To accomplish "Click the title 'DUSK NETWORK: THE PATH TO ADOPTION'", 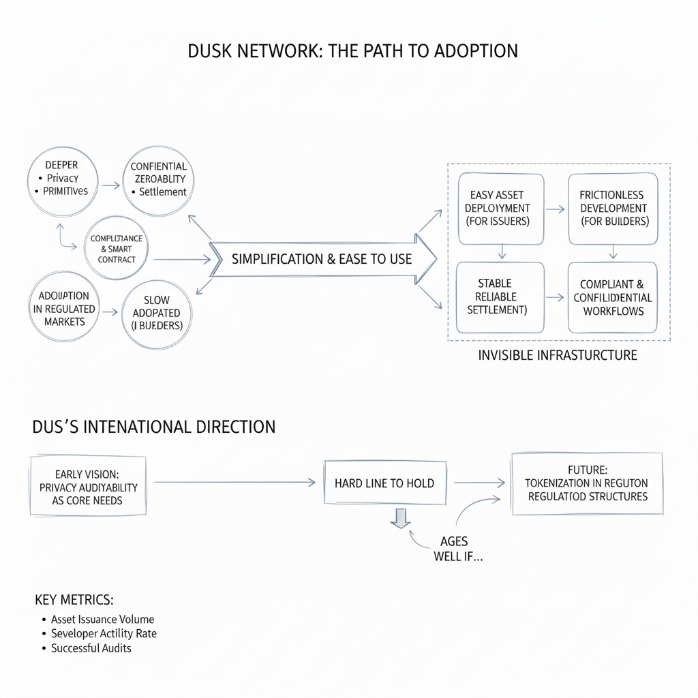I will tap(352, 52).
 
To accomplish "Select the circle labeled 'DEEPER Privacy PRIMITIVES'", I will tap(61, 178).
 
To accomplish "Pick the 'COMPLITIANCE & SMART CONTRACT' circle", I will tap(117, 249).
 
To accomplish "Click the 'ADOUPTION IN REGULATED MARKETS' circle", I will tap(64, 309).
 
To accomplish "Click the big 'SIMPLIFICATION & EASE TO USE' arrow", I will tap(322, 259).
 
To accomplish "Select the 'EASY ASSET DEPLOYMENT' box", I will tap(501, 209).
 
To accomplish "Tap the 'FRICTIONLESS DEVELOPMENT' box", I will tap(613, 208).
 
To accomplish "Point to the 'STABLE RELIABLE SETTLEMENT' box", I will tap(500, 297).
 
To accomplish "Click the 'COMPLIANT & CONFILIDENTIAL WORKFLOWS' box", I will tap(612, 297).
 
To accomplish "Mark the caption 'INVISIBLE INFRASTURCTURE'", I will tap(558, 355).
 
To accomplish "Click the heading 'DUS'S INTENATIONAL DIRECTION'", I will tap(154, 427).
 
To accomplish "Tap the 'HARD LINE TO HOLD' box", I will tap(384, 483).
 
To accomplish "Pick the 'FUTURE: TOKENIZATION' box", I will tap(586, 483).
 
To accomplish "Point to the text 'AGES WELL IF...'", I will tap(453, 548).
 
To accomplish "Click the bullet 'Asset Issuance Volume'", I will tap(102, 620).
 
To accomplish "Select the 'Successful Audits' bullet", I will tap(91, 648).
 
